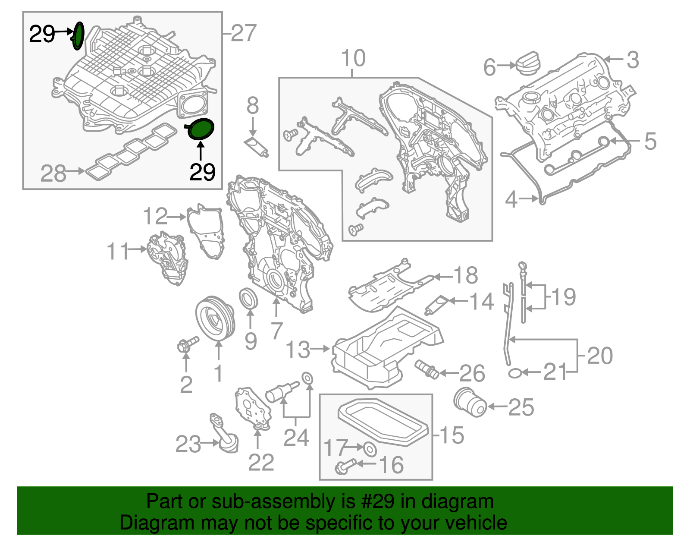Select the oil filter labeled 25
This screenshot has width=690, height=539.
(x=470, y=403)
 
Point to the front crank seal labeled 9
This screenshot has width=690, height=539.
(x=249, y=299)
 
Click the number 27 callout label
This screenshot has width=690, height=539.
(x=243, y=33)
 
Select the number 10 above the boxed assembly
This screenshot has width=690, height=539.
(x=353, y=59)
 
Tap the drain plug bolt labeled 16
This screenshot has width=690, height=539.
(x=345, y=466)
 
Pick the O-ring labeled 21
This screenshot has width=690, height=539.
(x=514, y=372)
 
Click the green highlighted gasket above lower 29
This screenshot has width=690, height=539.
(x=201, y=129)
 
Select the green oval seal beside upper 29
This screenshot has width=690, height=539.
(x=78, y=36)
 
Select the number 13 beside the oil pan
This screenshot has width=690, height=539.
(x=298, y=350)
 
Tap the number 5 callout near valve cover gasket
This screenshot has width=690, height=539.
(x=650, y=141)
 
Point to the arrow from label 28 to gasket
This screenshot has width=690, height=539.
(x=76, y=171)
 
